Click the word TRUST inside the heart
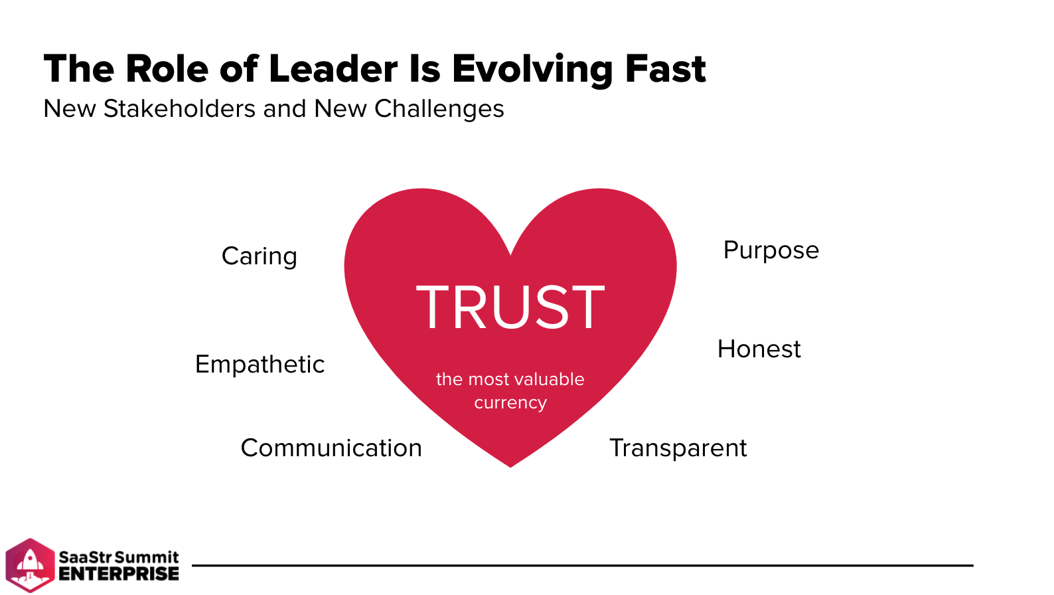510,307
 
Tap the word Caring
260,257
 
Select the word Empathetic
260,365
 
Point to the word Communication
331,448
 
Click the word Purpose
771,250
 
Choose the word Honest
759,349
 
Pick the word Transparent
678,448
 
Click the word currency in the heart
510,403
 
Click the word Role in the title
167,69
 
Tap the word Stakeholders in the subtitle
180,109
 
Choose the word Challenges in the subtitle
439,109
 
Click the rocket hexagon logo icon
30,565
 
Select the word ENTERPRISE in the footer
119,574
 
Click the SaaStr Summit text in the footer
119,557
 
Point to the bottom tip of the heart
510,467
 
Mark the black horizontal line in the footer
583,565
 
